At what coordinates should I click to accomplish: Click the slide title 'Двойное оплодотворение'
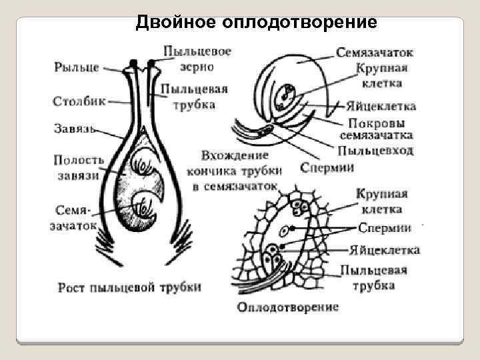coord(257,23)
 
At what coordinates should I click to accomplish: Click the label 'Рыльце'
coord(77,67)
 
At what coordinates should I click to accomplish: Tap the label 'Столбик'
coord(78,101)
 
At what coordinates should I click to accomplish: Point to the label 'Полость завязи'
coord(79,167)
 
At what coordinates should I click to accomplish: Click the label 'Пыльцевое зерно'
coord(197,58)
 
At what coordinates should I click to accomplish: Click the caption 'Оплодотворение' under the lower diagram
coord(288,307)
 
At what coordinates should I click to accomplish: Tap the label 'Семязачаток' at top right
coord(375,52)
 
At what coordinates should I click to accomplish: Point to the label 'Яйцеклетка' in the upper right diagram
coord(381,106)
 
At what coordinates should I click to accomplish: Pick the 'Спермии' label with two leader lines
coord(385,228)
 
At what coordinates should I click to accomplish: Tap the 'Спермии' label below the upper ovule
coord(327,167)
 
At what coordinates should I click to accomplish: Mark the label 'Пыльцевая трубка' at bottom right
coord(373,277)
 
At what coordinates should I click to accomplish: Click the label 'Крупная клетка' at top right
coord(382,75)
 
